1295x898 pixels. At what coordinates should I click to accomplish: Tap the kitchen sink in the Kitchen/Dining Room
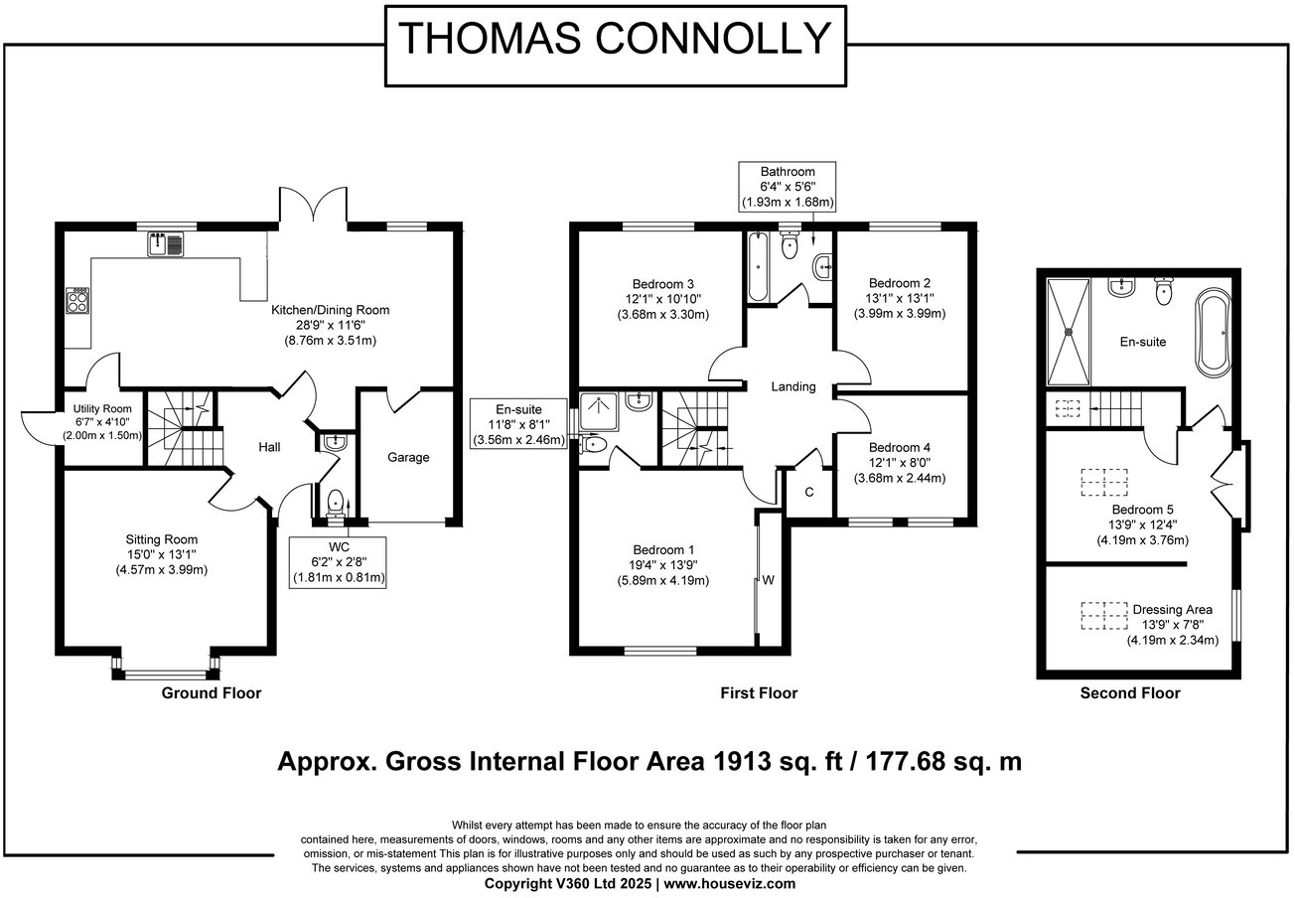click(166, 242)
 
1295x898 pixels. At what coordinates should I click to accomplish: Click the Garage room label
click(408, 457)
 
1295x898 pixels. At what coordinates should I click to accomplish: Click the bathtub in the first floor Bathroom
click(757, 266)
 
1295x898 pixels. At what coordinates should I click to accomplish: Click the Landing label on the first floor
click(792, 386)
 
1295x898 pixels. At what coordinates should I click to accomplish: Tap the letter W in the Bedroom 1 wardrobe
click(769, 579)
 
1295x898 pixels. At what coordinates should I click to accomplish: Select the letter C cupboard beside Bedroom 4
click(809, 492)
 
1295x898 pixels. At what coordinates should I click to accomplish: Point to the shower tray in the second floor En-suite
click(1071, 331)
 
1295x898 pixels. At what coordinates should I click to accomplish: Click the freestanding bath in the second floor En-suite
click(1214, 332)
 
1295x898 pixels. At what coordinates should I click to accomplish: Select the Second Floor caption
click(1130, 693)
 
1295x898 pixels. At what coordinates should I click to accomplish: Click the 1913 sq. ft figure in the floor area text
click(771, 763)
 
